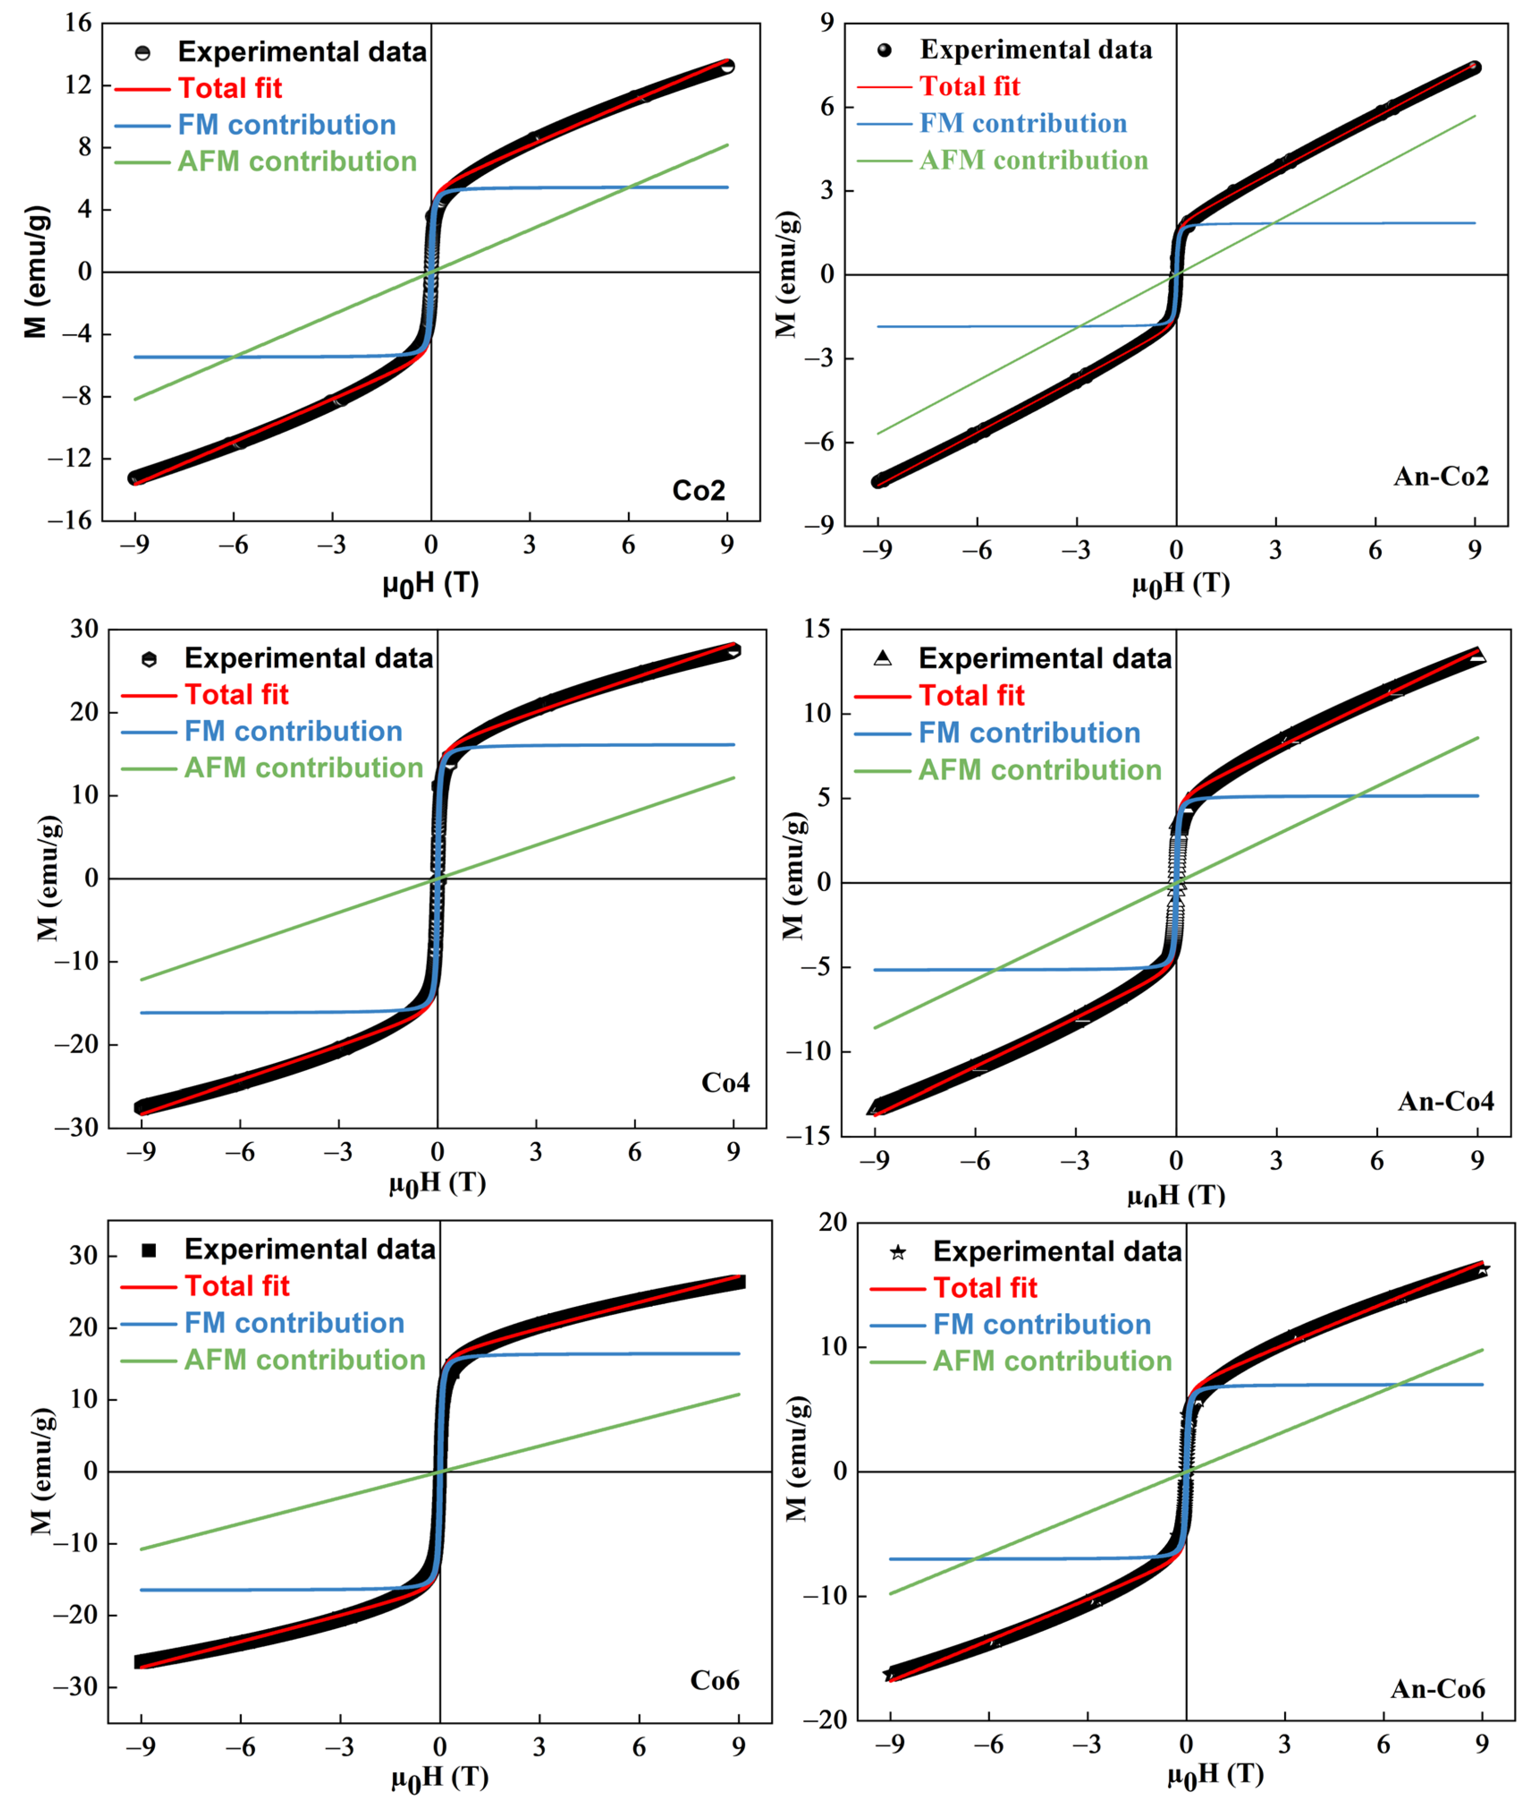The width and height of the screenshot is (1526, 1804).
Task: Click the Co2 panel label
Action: pos(698,491)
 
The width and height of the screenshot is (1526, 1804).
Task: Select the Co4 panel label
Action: pos(725,1083)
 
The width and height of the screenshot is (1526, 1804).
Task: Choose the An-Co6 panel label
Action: pos(1438,1689)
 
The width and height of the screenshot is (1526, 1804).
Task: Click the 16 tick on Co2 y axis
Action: pos(78,23)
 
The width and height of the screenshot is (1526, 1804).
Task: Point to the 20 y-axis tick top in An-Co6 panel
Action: pos(833,1222)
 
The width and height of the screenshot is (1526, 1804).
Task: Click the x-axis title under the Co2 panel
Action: pos(431,584)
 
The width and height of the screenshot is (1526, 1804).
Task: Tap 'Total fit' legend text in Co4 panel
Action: pos(236,694)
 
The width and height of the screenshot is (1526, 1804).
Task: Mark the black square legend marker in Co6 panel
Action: pos(149,1250)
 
